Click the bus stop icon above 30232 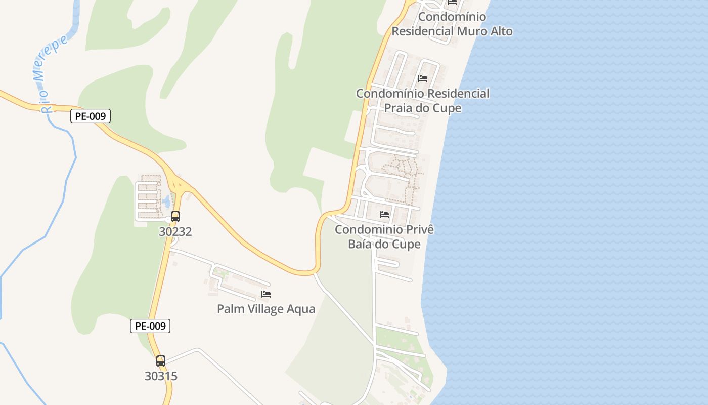175,217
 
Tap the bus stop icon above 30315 161,361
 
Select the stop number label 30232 175,232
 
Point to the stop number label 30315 161,376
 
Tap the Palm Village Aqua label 266,309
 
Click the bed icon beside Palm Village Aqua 266,294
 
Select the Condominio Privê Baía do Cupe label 384,237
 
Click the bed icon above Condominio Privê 384,215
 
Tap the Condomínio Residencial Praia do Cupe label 423,101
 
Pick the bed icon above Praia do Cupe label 423,78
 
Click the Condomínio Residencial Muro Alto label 452,24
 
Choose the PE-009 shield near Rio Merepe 90,116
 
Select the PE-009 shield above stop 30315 150,326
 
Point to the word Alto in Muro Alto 499,31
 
